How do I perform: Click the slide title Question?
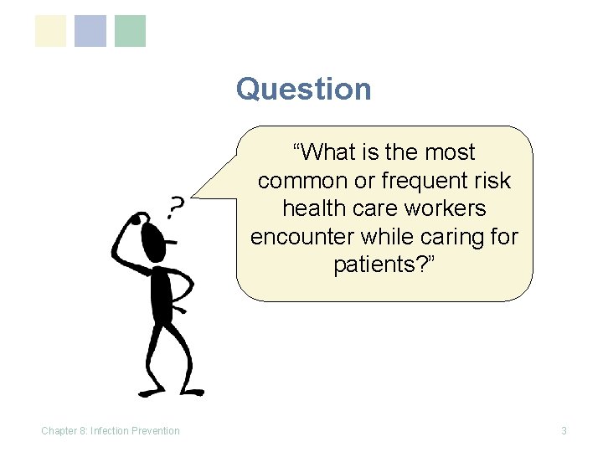coord(303,89)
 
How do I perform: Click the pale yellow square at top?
coord(50,31)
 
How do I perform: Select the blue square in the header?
coord(90,31)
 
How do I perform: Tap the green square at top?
coord(130,31)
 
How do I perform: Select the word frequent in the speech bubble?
coord(416,181)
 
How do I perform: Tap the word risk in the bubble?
coord(492,181)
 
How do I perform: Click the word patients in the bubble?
coord(377,265)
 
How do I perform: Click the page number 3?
coord(564,431)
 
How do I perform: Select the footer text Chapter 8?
coord(64,431)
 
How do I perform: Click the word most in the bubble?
coord(447,152)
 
